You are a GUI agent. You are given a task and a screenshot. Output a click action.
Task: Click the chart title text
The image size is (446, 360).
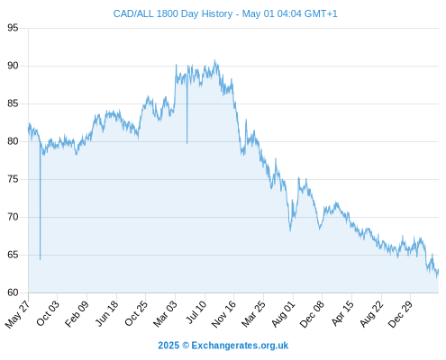pos(225,13)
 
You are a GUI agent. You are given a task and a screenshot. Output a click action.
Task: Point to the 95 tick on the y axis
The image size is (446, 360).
pos(13,28)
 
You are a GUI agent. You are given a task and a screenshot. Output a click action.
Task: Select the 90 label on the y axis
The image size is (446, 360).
pos(13,66)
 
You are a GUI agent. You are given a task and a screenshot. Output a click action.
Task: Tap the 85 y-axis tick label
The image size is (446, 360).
pos(13,103)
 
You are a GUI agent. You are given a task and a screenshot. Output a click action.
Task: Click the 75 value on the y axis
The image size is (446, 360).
pos(13,179)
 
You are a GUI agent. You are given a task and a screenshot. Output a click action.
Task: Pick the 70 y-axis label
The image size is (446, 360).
pos(13,217)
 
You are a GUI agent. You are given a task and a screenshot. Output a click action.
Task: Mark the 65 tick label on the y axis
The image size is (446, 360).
pos(13,255)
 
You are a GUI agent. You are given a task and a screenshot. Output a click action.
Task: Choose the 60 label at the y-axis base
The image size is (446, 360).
pos(13,292)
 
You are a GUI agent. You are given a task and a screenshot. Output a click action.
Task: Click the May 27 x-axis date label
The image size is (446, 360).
pos(18,314)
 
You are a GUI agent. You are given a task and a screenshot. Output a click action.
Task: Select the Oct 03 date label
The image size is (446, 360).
pos(48,313)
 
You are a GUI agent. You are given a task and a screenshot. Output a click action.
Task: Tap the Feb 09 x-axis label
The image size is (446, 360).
pos(77,313)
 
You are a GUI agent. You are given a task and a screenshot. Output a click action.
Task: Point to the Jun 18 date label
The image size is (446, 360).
pos(107,313)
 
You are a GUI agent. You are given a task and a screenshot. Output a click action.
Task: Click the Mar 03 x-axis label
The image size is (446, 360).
pos(166,313)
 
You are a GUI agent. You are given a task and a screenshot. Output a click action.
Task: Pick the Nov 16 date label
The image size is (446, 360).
pos(224,314)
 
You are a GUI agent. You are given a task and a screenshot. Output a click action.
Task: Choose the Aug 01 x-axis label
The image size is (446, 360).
pos(284,313)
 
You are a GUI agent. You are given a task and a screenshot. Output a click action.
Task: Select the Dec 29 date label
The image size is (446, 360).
pos(401,314)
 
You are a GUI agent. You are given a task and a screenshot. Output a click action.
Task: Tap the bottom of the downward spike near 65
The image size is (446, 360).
pos(40,259)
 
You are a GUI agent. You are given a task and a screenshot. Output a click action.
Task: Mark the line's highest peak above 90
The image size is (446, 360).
pos(214,60)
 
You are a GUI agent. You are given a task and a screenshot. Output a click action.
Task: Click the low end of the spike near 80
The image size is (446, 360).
pos(187,143)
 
